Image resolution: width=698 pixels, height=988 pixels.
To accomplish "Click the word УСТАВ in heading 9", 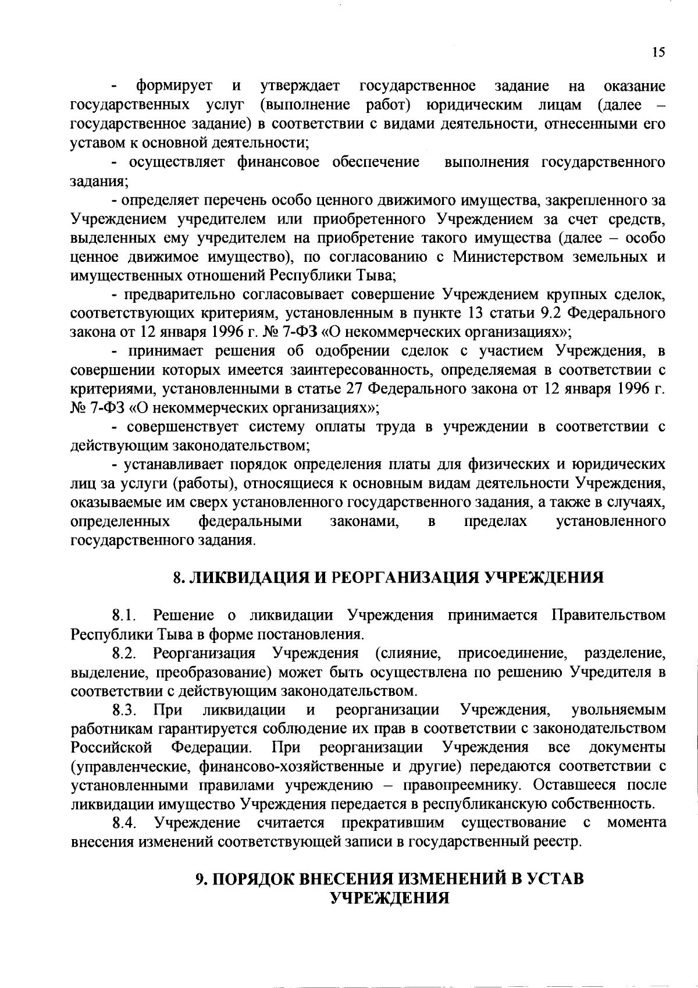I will point(555,879).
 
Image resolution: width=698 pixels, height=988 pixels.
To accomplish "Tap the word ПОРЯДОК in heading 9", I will point(252,879).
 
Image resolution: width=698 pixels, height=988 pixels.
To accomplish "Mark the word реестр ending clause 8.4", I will point(561,842).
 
